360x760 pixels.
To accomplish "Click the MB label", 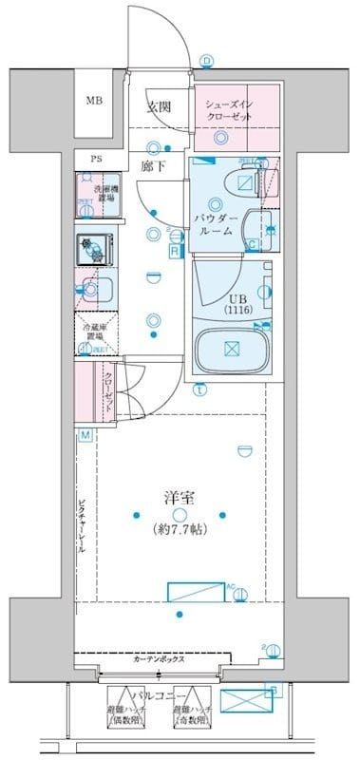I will (96, 102).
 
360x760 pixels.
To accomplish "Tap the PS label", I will (96, 159).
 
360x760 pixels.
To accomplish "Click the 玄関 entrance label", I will (158, 107).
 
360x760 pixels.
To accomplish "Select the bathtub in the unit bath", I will (232, 350).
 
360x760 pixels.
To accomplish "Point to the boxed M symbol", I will (85, 435).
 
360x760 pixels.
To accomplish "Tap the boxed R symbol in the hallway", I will (173, 251).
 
